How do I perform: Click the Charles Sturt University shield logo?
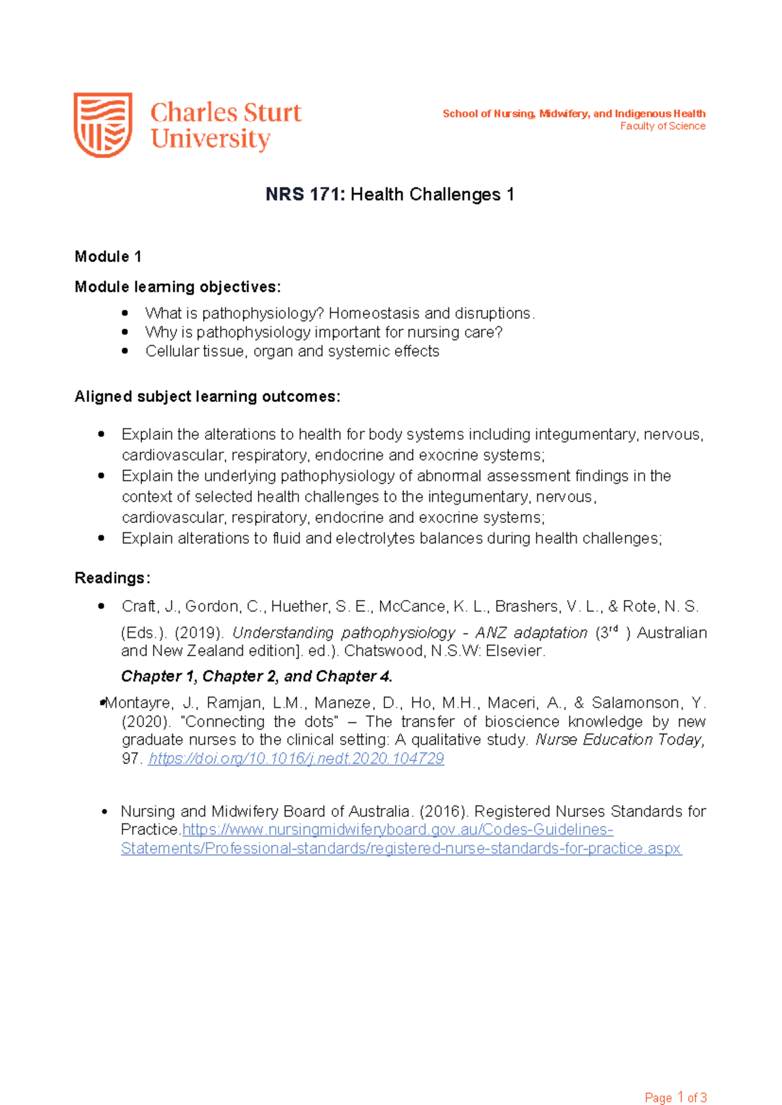point(103,124)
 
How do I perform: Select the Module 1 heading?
point(108,257)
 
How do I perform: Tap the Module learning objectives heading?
point(178,287)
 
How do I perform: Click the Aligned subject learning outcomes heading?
point(207,397)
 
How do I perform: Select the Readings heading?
point(112,578)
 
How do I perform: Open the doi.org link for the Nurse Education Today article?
point(296,758)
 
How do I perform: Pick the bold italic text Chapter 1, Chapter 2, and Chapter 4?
point(257,676)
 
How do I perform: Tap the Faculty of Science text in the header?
point(663,126)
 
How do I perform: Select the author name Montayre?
point(139,703)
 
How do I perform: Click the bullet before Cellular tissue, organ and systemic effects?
point(125,351)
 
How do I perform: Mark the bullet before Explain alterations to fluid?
point(101,538)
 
